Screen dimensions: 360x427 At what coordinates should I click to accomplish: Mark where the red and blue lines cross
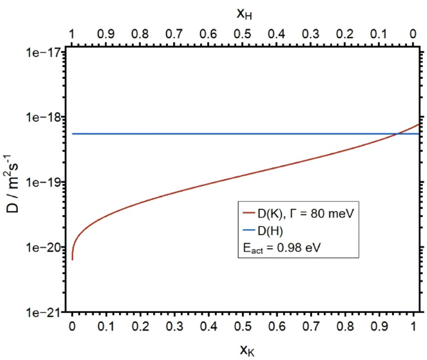[397, 134]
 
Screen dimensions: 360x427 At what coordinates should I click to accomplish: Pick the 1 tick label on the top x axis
[72, 34]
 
